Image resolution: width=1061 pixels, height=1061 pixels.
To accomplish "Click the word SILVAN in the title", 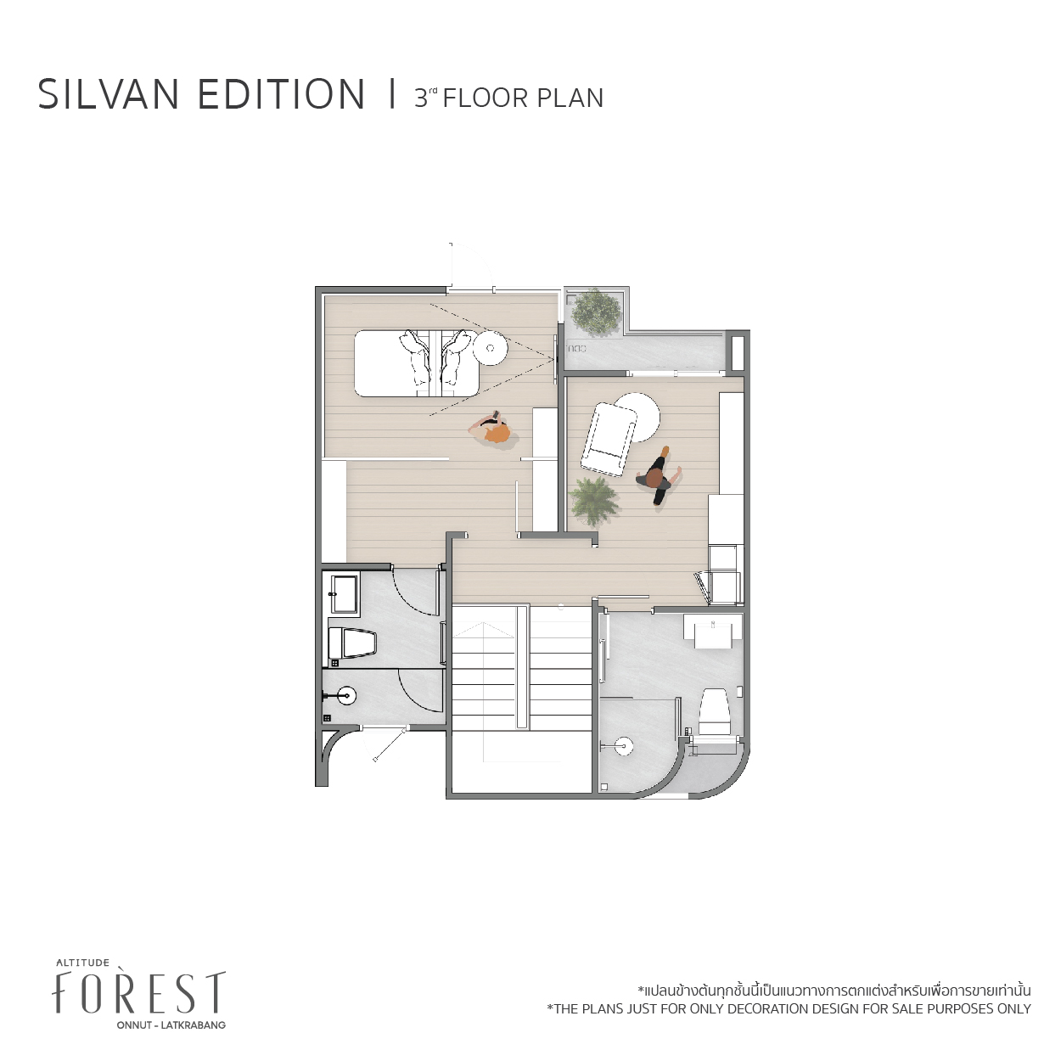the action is (x=109, y=94).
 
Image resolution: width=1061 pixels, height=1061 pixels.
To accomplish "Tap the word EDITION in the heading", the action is (x=281, y=94).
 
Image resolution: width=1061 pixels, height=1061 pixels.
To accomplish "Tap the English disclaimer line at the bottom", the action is (x=789, y=1025).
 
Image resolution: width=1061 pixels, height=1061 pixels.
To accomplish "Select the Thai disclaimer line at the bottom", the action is (x=834, y=1006).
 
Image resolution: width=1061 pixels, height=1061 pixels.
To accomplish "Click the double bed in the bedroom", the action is (x=416, y=362).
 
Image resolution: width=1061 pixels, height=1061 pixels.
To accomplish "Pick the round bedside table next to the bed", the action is (x=491, y=347).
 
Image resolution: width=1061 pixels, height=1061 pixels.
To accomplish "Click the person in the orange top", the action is (x=491, y=430).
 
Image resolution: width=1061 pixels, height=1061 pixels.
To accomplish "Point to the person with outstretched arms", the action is (x=659, y=475).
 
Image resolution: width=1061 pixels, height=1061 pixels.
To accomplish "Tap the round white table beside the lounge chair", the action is (x=638, y=417).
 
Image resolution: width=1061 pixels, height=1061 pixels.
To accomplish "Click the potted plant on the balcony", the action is (x=597, y=312).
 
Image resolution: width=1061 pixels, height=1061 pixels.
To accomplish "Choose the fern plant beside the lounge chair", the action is (x=593, y=501).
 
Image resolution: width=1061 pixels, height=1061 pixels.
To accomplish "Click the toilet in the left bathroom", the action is (x=352, y=643).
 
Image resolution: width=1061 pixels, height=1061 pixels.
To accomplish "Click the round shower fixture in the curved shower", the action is (x=623, y=747).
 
